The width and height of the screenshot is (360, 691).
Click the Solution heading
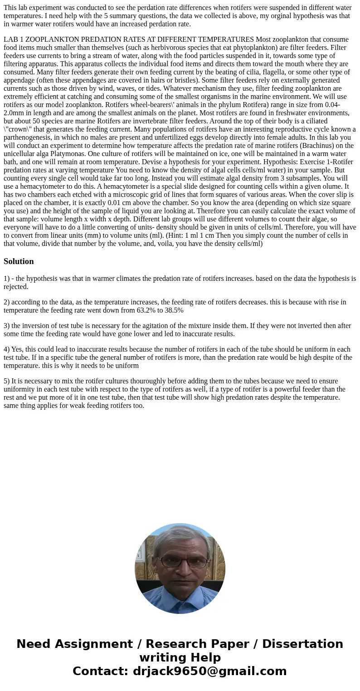(x=19, y=261)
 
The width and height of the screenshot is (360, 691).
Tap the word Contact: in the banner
(x=101, y=671)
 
